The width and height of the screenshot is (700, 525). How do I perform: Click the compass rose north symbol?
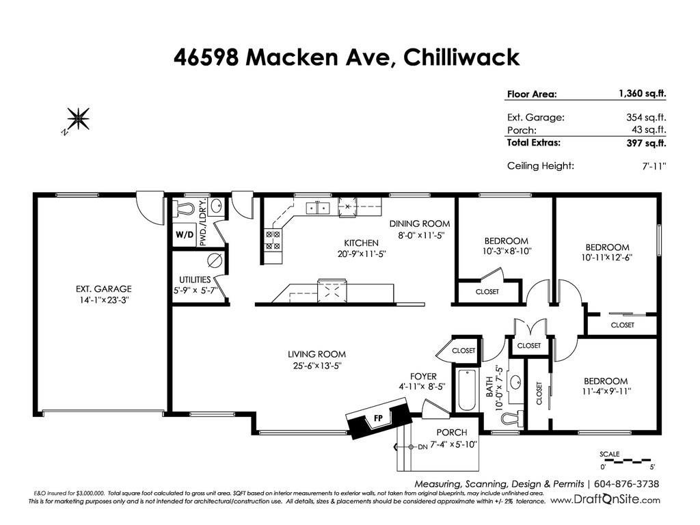[78, 119]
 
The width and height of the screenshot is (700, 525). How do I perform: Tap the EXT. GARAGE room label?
[103, 288]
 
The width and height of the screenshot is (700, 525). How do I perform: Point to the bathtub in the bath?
[467, 390]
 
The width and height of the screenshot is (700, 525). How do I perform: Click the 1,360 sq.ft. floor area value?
[642, 94]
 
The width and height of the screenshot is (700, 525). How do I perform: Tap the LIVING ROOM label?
[316, 354]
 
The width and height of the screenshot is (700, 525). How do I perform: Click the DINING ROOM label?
[420, 224]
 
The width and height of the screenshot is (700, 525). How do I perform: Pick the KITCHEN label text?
[361, 243]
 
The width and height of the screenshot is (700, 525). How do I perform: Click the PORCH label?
[452, 432]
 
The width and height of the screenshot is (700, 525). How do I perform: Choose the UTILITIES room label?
[194, 279]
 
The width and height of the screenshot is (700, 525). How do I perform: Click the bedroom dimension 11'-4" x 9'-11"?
[605, 392]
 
